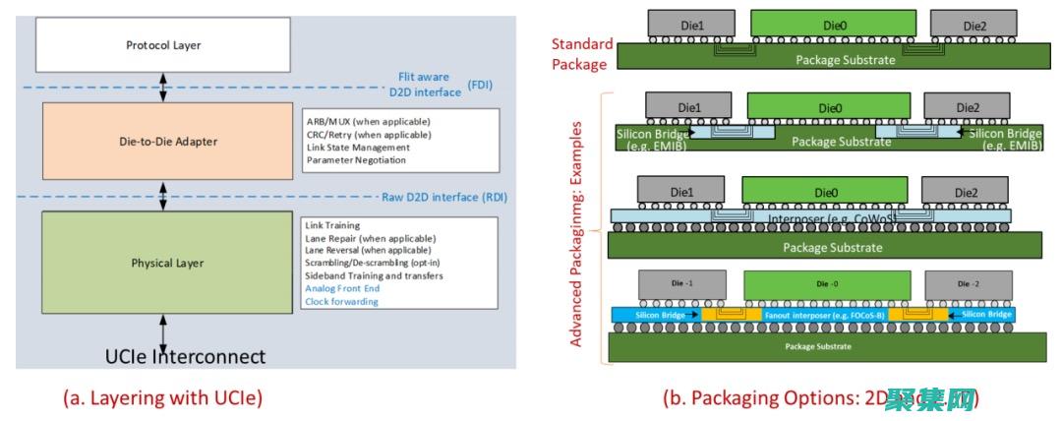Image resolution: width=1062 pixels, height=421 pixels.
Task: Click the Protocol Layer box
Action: [162, 45]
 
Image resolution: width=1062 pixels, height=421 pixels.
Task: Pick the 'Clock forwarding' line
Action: [341, 302]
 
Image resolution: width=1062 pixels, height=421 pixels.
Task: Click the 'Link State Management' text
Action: [353, 148]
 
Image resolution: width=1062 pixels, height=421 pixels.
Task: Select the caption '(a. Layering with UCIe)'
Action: [163, 397]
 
